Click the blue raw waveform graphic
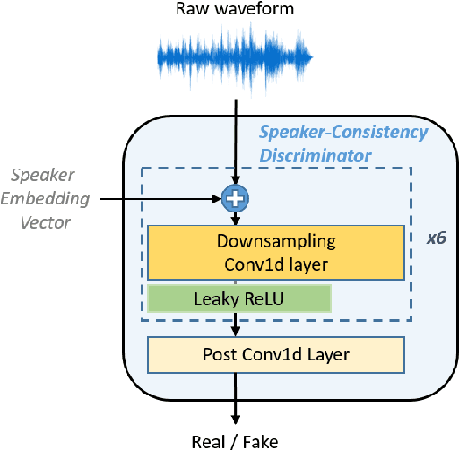point(236,58)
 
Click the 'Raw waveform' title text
point(235,12)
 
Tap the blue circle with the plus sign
point(237,198)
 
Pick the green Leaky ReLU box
point(239,299)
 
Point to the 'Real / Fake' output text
point(236,439)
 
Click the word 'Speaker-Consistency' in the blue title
point(343,134)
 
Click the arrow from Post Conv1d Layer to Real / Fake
point(237,399)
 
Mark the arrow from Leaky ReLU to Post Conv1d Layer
point(237,324)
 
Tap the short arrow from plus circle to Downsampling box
point(237,217)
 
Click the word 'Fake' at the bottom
point(261,439)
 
